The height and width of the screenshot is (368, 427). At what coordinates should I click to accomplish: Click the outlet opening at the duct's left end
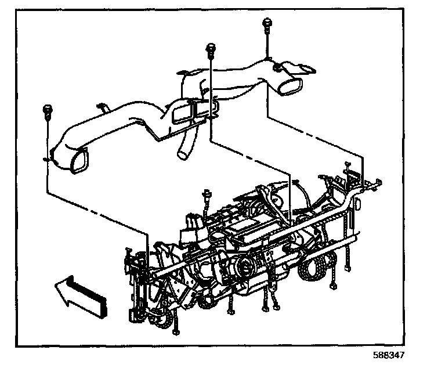point(77,160)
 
